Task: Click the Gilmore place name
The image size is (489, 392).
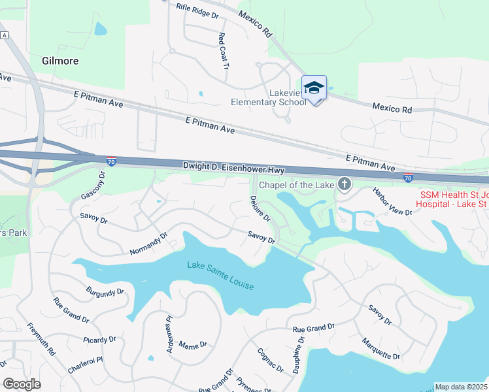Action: pos(60,61)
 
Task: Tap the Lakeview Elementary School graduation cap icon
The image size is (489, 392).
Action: pos(314,88)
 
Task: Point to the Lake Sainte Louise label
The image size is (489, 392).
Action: pos(220,275)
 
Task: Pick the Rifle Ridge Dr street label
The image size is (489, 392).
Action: pos(197,10)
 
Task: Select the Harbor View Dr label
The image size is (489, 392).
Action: pos(392,202)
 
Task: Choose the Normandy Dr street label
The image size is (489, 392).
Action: pos(148,243)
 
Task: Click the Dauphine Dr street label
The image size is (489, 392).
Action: pos(299,354)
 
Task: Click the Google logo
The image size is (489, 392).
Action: pos(22,384)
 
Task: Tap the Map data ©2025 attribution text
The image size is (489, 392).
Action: pos(461,387)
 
